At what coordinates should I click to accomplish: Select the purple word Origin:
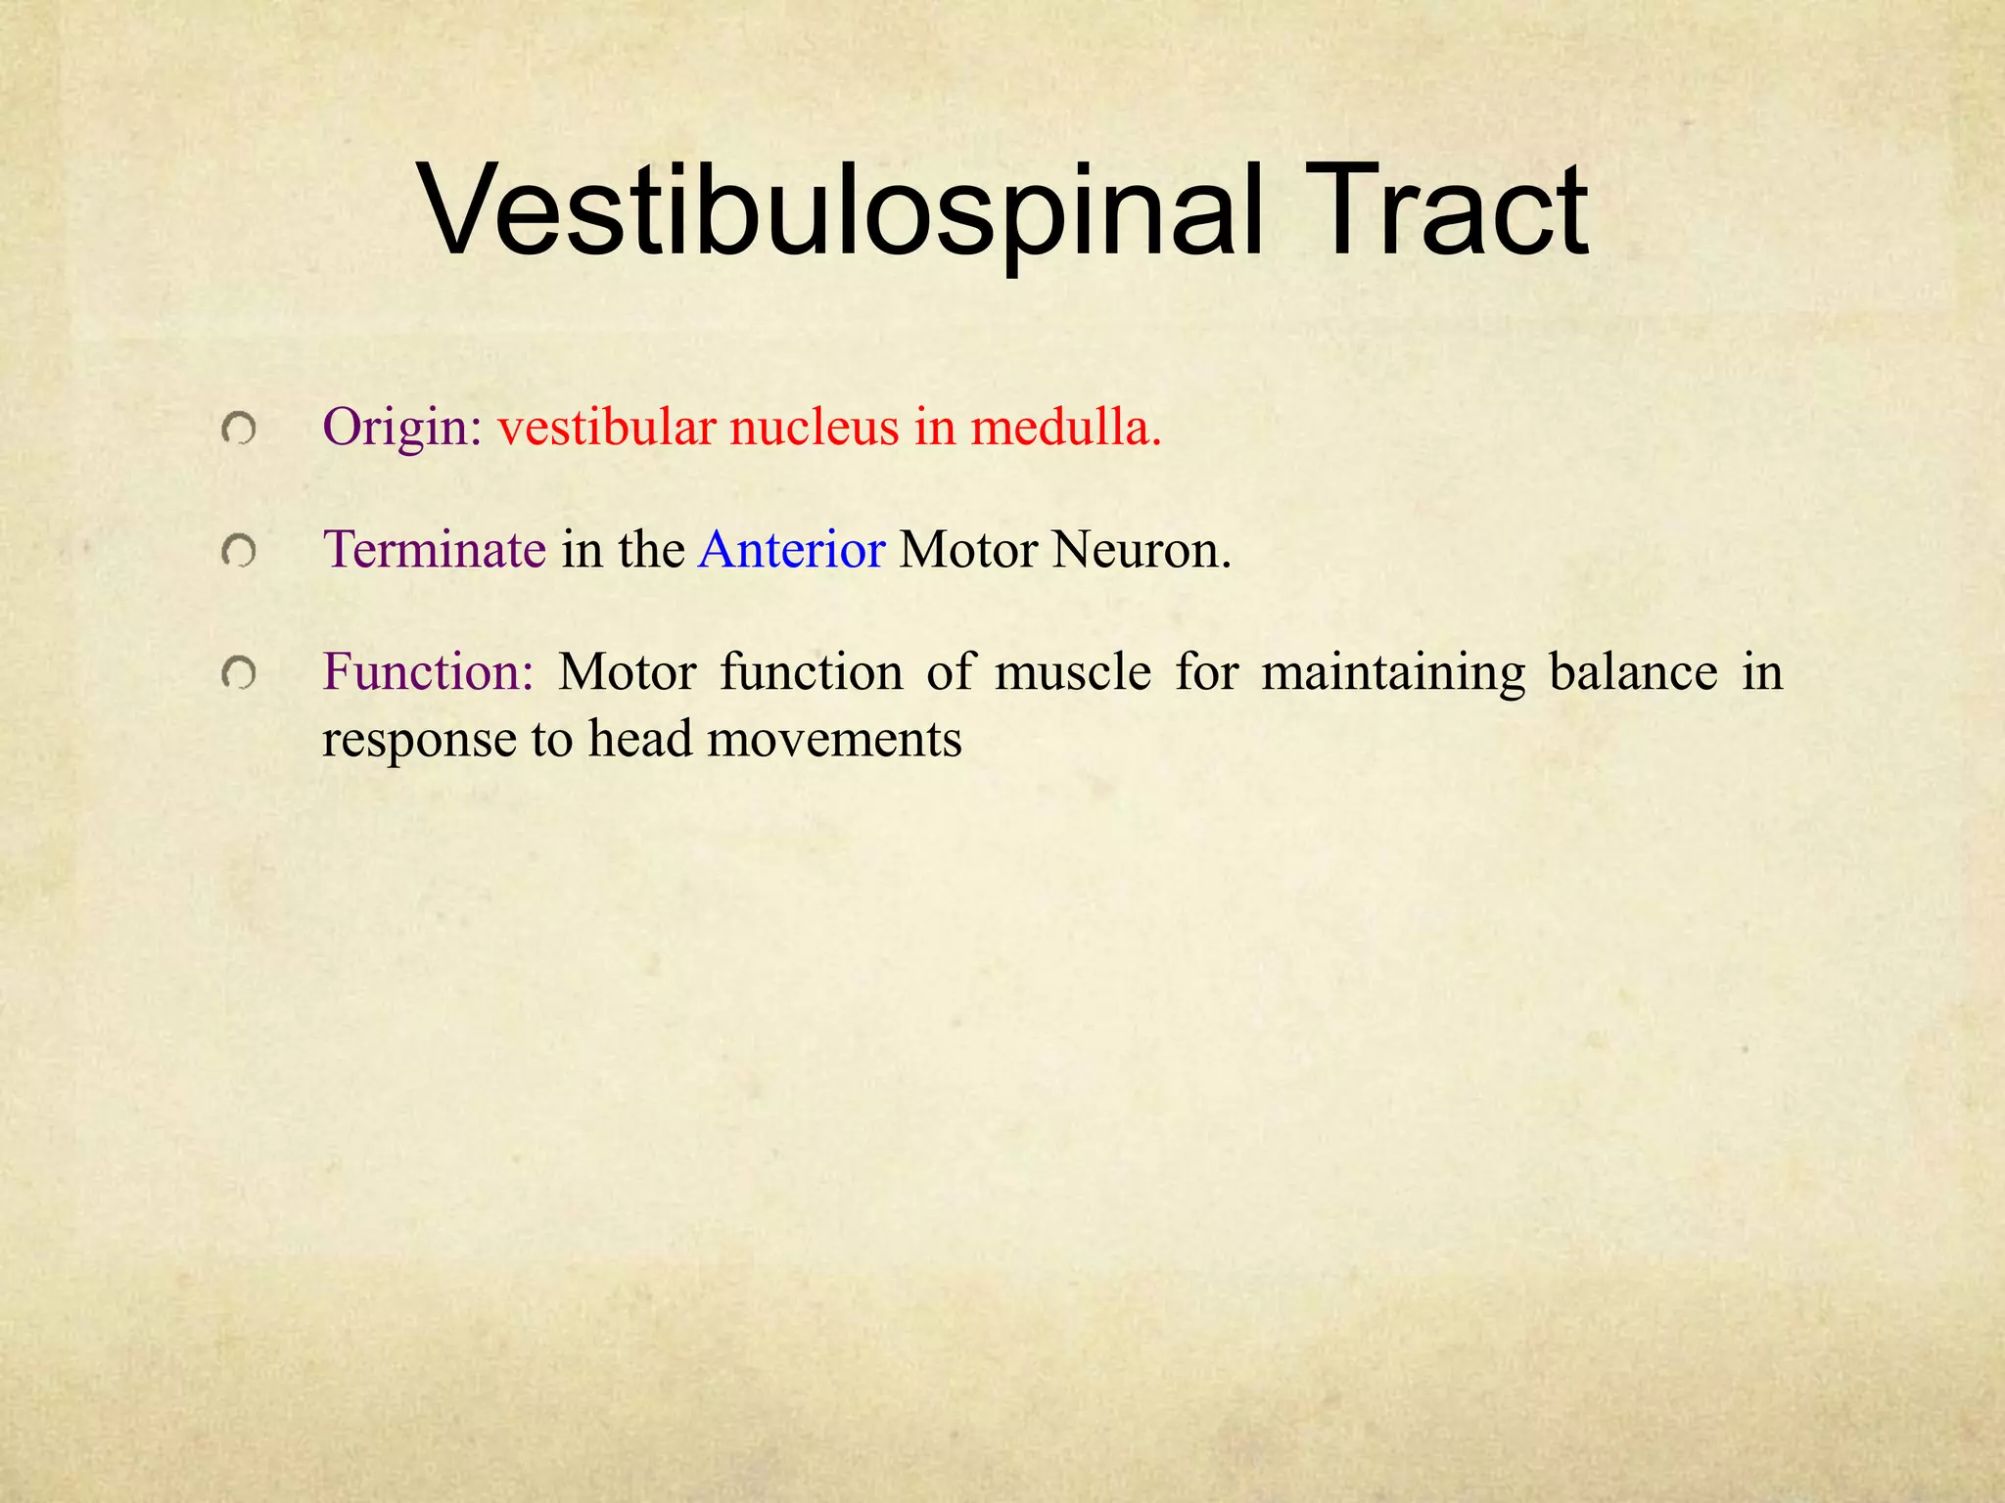(x=402, y=428)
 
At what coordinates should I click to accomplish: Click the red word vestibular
(x=606, y=428)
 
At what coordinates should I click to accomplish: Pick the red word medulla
(x=1066, y=428)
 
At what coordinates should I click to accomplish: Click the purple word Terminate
(x=434, y=549)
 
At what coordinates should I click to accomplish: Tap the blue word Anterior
(x=791, y=549)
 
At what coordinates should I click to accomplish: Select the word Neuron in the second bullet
(x=1141, y=549)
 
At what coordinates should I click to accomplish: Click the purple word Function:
(x=428, y=672)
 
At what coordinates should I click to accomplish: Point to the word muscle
(x=1073, y=672)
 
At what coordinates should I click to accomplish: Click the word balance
(x=1633, y=672)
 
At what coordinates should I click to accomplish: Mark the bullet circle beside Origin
(x=238, y=429)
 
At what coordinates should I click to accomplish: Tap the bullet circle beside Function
(x=238, y=673)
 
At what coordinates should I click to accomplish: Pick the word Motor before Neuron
(x=967, y=549)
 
